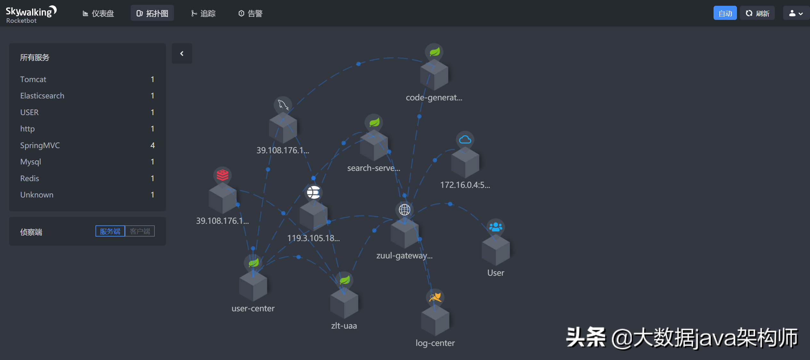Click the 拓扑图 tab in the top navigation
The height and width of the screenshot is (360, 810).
[152, 13]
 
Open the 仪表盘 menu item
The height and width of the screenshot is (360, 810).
[98, 13]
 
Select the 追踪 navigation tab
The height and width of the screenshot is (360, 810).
[203, 13]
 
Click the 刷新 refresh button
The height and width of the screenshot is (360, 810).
[757, 13]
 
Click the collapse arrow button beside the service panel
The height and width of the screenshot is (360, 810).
[182, 54]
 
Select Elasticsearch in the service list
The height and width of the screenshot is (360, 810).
[42, 96]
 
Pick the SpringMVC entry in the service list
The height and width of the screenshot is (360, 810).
[40, 145]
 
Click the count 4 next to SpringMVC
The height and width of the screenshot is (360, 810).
[153, 145]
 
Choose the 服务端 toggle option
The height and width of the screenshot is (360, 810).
[110, 231]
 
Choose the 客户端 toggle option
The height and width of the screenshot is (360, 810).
[140, 231]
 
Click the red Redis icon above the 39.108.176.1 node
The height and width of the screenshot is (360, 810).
[222, 175]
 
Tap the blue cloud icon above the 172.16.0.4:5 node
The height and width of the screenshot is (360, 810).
[465, 140]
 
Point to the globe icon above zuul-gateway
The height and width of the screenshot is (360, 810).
[404, 210]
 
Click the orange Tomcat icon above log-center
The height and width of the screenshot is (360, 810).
[435, 297]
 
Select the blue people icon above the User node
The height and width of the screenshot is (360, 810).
[496, 227]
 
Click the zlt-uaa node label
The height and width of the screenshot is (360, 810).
[344, 326]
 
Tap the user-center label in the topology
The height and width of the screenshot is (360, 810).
[253, 308]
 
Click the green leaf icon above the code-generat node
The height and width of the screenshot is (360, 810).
[434, 52]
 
